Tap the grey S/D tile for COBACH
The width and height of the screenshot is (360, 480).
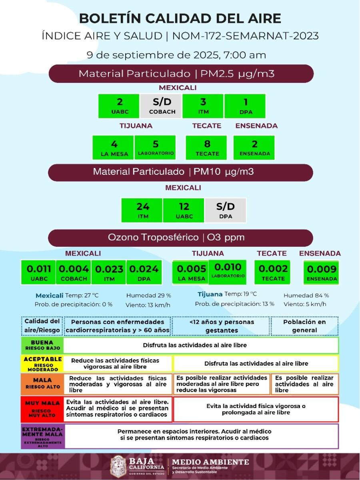coord(161,106)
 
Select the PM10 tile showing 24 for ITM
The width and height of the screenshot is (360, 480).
coord(142,210)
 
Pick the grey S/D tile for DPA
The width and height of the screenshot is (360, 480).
coord(225,210)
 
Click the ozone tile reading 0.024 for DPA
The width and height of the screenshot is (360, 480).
coord(144,272)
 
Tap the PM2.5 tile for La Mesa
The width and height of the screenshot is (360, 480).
coord(113,147)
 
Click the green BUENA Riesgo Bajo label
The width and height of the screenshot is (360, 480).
coord(42,345)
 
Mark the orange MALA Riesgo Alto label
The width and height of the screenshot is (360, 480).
coord(42,384)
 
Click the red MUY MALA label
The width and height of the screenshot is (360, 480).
coord(42,409)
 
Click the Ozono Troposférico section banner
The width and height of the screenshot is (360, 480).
coord(180,238)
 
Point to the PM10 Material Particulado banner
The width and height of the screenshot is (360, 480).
coord(180,172)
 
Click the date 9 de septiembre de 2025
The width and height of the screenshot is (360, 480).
coord(176,55)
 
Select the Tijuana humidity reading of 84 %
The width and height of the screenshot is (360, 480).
coord(306,296)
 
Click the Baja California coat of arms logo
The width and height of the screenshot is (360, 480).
coord(118,466)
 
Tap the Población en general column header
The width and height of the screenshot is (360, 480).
coord(304,326)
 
